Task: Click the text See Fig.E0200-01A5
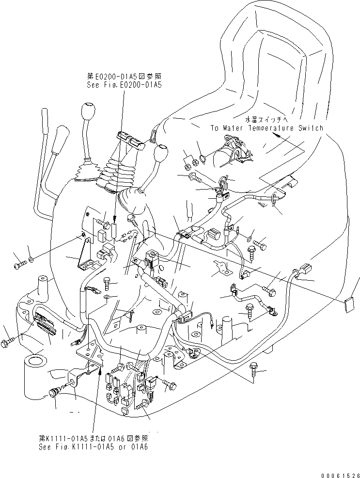pyautogui.click(x=124, y=84)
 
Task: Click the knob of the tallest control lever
pyautogui.click(x=88, y=112)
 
